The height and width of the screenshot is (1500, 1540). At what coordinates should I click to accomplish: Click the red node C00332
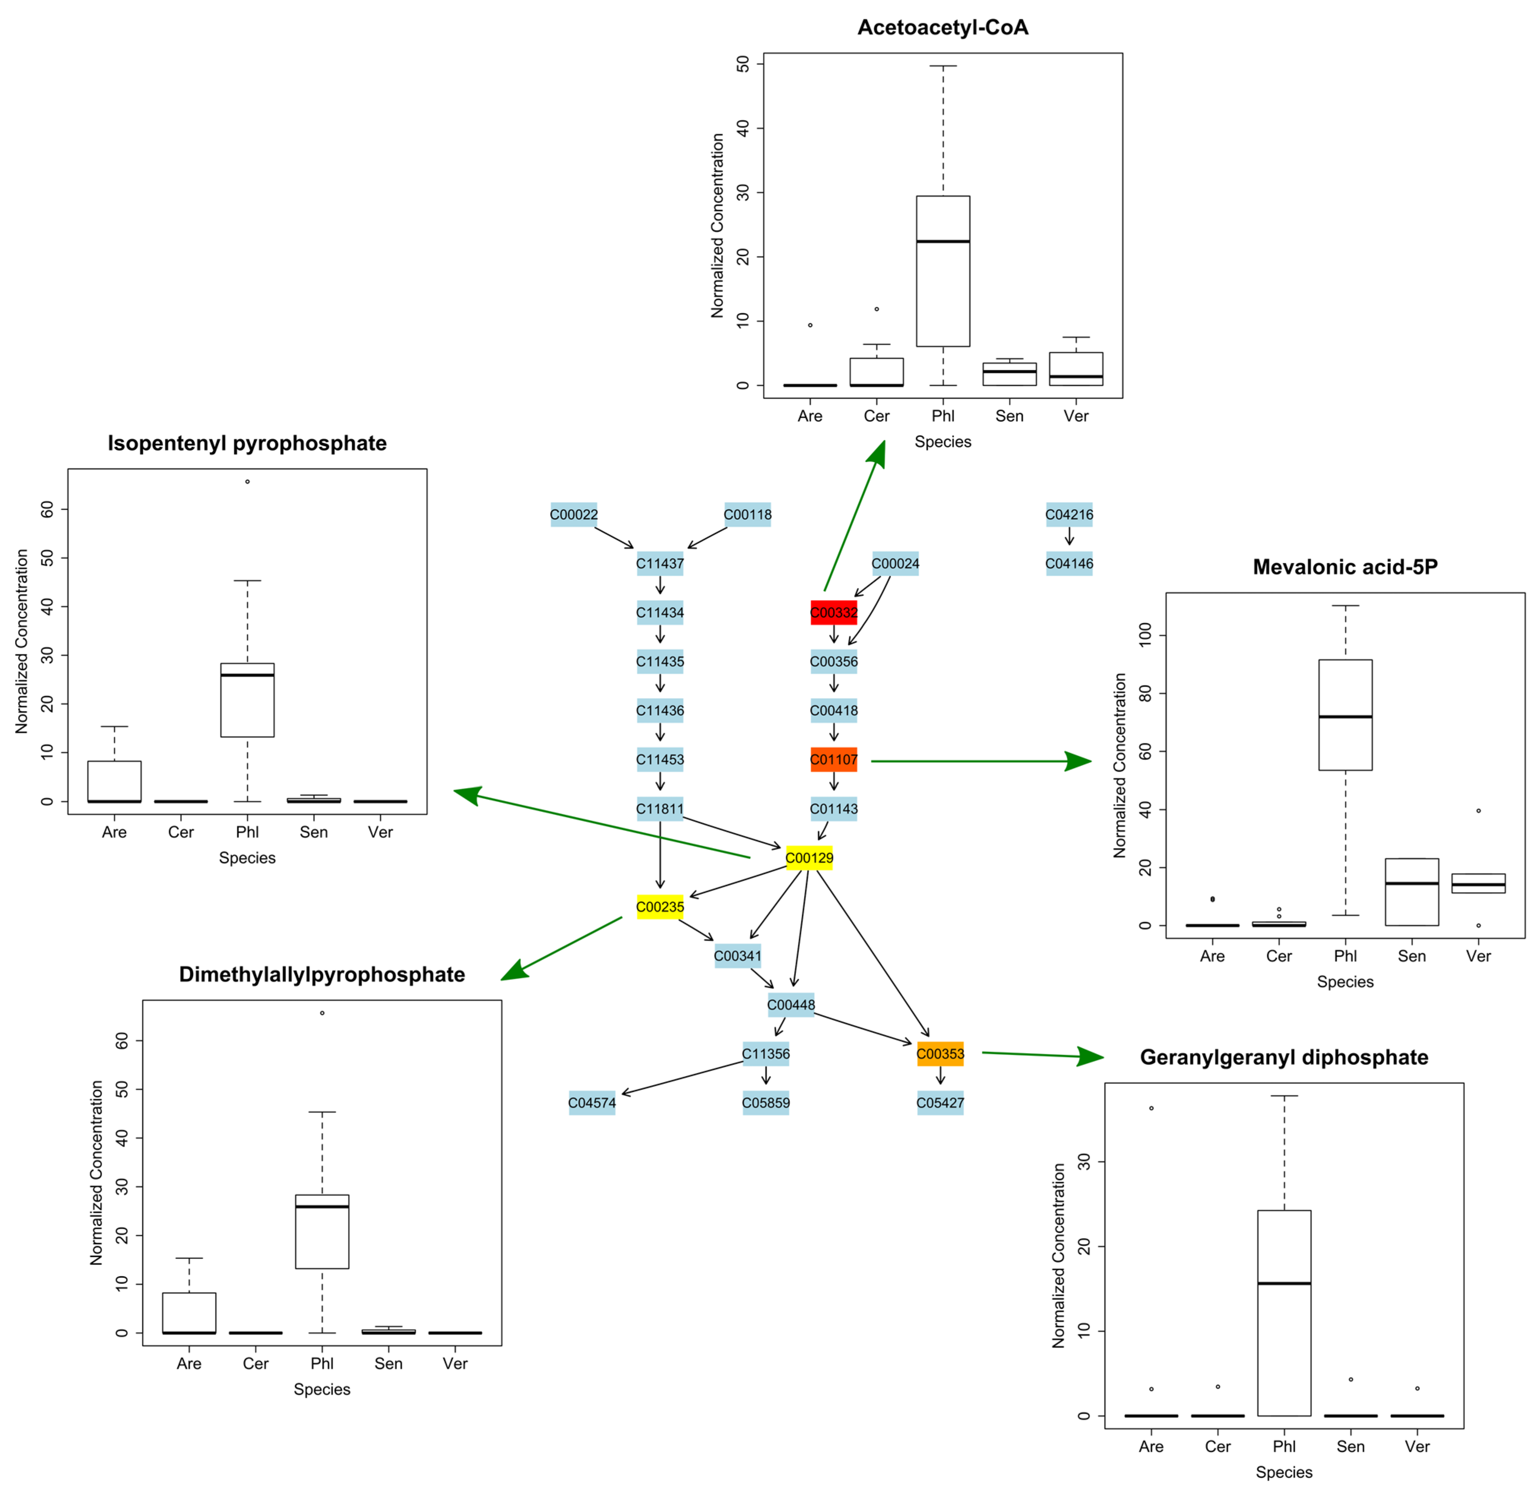(x=833, y=612)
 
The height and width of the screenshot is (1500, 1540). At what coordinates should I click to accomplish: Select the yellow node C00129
(x=809, y=857)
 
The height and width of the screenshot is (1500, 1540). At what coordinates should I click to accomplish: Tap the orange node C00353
(x=940, y=1053)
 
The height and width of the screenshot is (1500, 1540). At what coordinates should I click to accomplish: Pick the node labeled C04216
(x=1069, y=514)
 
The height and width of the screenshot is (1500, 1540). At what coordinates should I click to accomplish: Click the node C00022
(x=573, y=514)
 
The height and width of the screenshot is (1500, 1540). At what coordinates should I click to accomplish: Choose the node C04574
(x=592, y=1102)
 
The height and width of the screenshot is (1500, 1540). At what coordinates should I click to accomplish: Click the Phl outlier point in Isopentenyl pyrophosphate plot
(x=247, y=481)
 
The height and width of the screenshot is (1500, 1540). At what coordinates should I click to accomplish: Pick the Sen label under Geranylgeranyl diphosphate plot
(x=1350, y=1446)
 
